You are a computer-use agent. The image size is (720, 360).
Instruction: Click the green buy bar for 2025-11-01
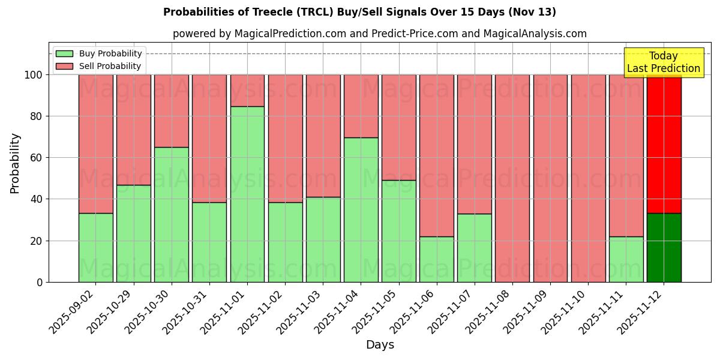coord(247,194)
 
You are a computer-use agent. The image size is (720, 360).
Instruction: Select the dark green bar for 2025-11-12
coord(664,247)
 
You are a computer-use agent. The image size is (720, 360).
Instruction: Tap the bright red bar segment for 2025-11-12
coord(664,144)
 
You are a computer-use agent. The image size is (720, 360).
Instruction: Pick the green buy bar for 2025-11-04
coord(361,209)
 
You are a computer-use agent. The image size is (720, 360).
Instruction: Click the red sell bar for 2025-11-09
coord(550,178)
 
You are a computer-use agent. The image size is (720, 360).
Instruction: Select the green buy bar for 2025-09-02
coord(95,247)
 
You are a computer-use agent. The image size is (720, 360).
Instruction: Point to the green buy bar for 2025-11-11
coord(626,259)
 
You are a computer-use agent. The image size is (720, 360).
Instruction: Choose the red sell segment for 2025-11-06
coord(437,155)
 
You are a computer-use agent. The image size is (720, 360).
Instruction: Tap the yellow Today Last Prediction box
coord(664,62)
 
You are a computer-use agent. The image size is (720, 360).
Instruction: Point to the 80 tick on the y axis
coord(37,116)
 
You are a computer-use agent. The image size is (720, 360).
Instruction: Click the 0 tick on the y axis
coord(40,282)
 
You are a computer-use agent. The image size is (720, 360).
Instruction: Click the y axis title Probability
coord(15,163)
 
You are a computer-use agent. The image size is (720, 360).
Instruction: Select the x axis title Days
coord(380,345)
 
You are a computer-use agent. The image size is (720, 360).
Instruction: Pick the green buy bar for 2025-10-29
coord(133,233)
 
